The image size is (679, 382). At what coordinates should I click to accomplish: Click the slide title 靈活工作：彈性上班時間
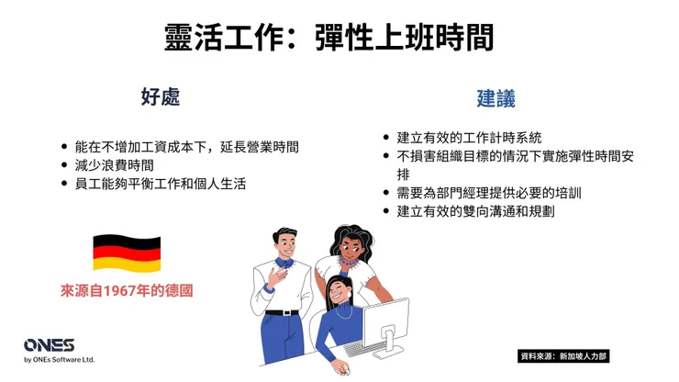click(x=329, y=38)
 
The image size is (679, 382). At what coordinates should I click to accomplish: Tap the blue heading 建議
click(x=495, y=97)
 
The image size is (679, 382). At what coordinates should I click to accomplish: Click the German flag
click(x=127, y=253)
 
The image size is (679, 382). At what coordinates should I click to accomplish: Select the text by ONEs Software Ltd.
click(x=60, y=360)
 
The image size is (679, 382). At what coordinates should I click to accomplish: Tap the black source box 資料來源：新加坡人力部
click(x=563, y=355)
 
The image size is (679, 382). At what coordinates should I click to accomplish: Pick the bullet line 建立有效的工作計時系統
click(x=469, y=138)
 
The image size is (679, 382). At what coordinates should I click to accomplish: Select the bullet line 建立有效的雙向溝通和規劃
click(x=475, y=211)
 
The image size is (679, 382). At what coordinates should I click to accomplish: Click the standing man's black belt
click(x=283, y=312)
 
